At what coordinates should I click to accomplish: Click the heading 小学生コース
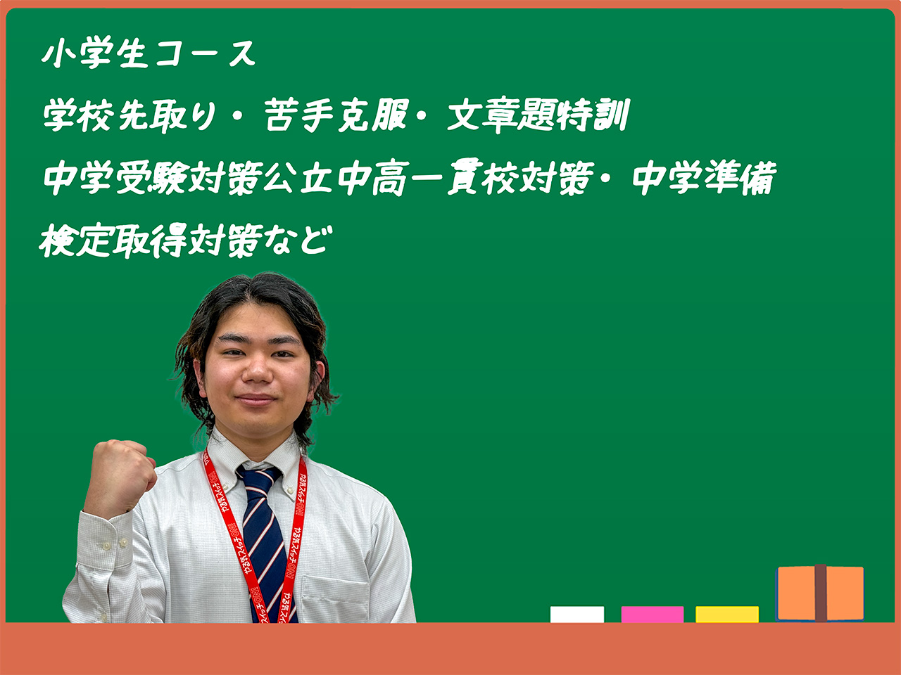(149, 53)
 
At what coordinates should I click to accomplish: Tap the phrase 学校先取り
(130, 115)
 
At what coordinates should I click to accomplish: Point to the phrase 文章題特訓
(538, 115)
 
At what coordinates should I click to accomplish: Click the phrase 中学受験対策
(153, 179)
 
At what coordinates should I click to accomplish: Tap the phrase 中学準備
(705, 179)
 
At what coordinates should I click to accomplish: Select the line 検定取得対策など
(185, 240)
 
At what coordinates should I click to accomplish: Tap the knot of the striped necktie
(258, 478)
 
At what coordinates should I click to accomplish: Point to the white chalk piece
(577, 615)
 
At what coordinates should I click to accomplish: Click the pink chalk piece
(653, 615)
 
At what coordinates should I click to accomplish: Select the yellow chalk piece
(727, 615)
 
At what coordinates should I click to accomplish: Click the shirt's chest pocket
(335, 598)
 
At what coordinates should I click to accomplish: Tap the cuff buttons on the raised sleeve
(115, 545)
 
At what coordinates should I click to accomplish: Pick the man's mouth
(256, 399)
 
